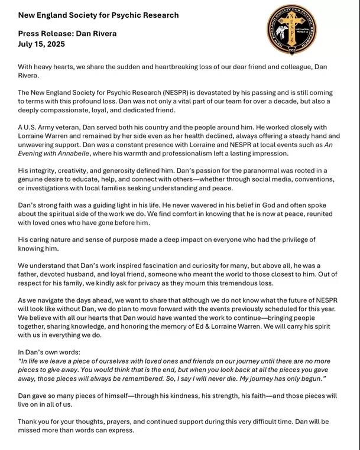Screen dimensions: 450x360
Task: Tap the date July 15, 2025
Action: (41, 44)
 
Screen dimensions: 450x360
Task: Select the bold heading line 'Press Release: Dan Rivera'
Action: (67, 34)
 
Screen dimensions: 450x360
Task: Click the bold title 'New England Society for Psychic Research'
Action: (98, 15)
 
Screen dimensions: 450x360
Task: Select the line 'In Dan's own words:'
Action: (51, 352)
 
